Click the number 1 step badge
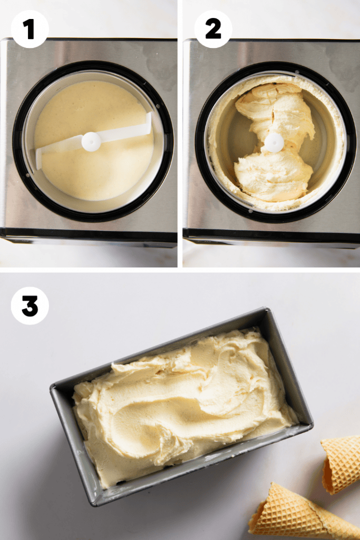(30, 29)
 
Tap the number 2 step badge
(213, 29)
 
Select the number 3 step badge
(30, 306)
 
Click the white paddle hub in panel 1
(91, 141)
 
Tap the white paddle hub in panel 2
(274, 142)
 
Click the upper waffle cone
(340, 461)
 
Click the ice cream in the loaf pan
(182, 403)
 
